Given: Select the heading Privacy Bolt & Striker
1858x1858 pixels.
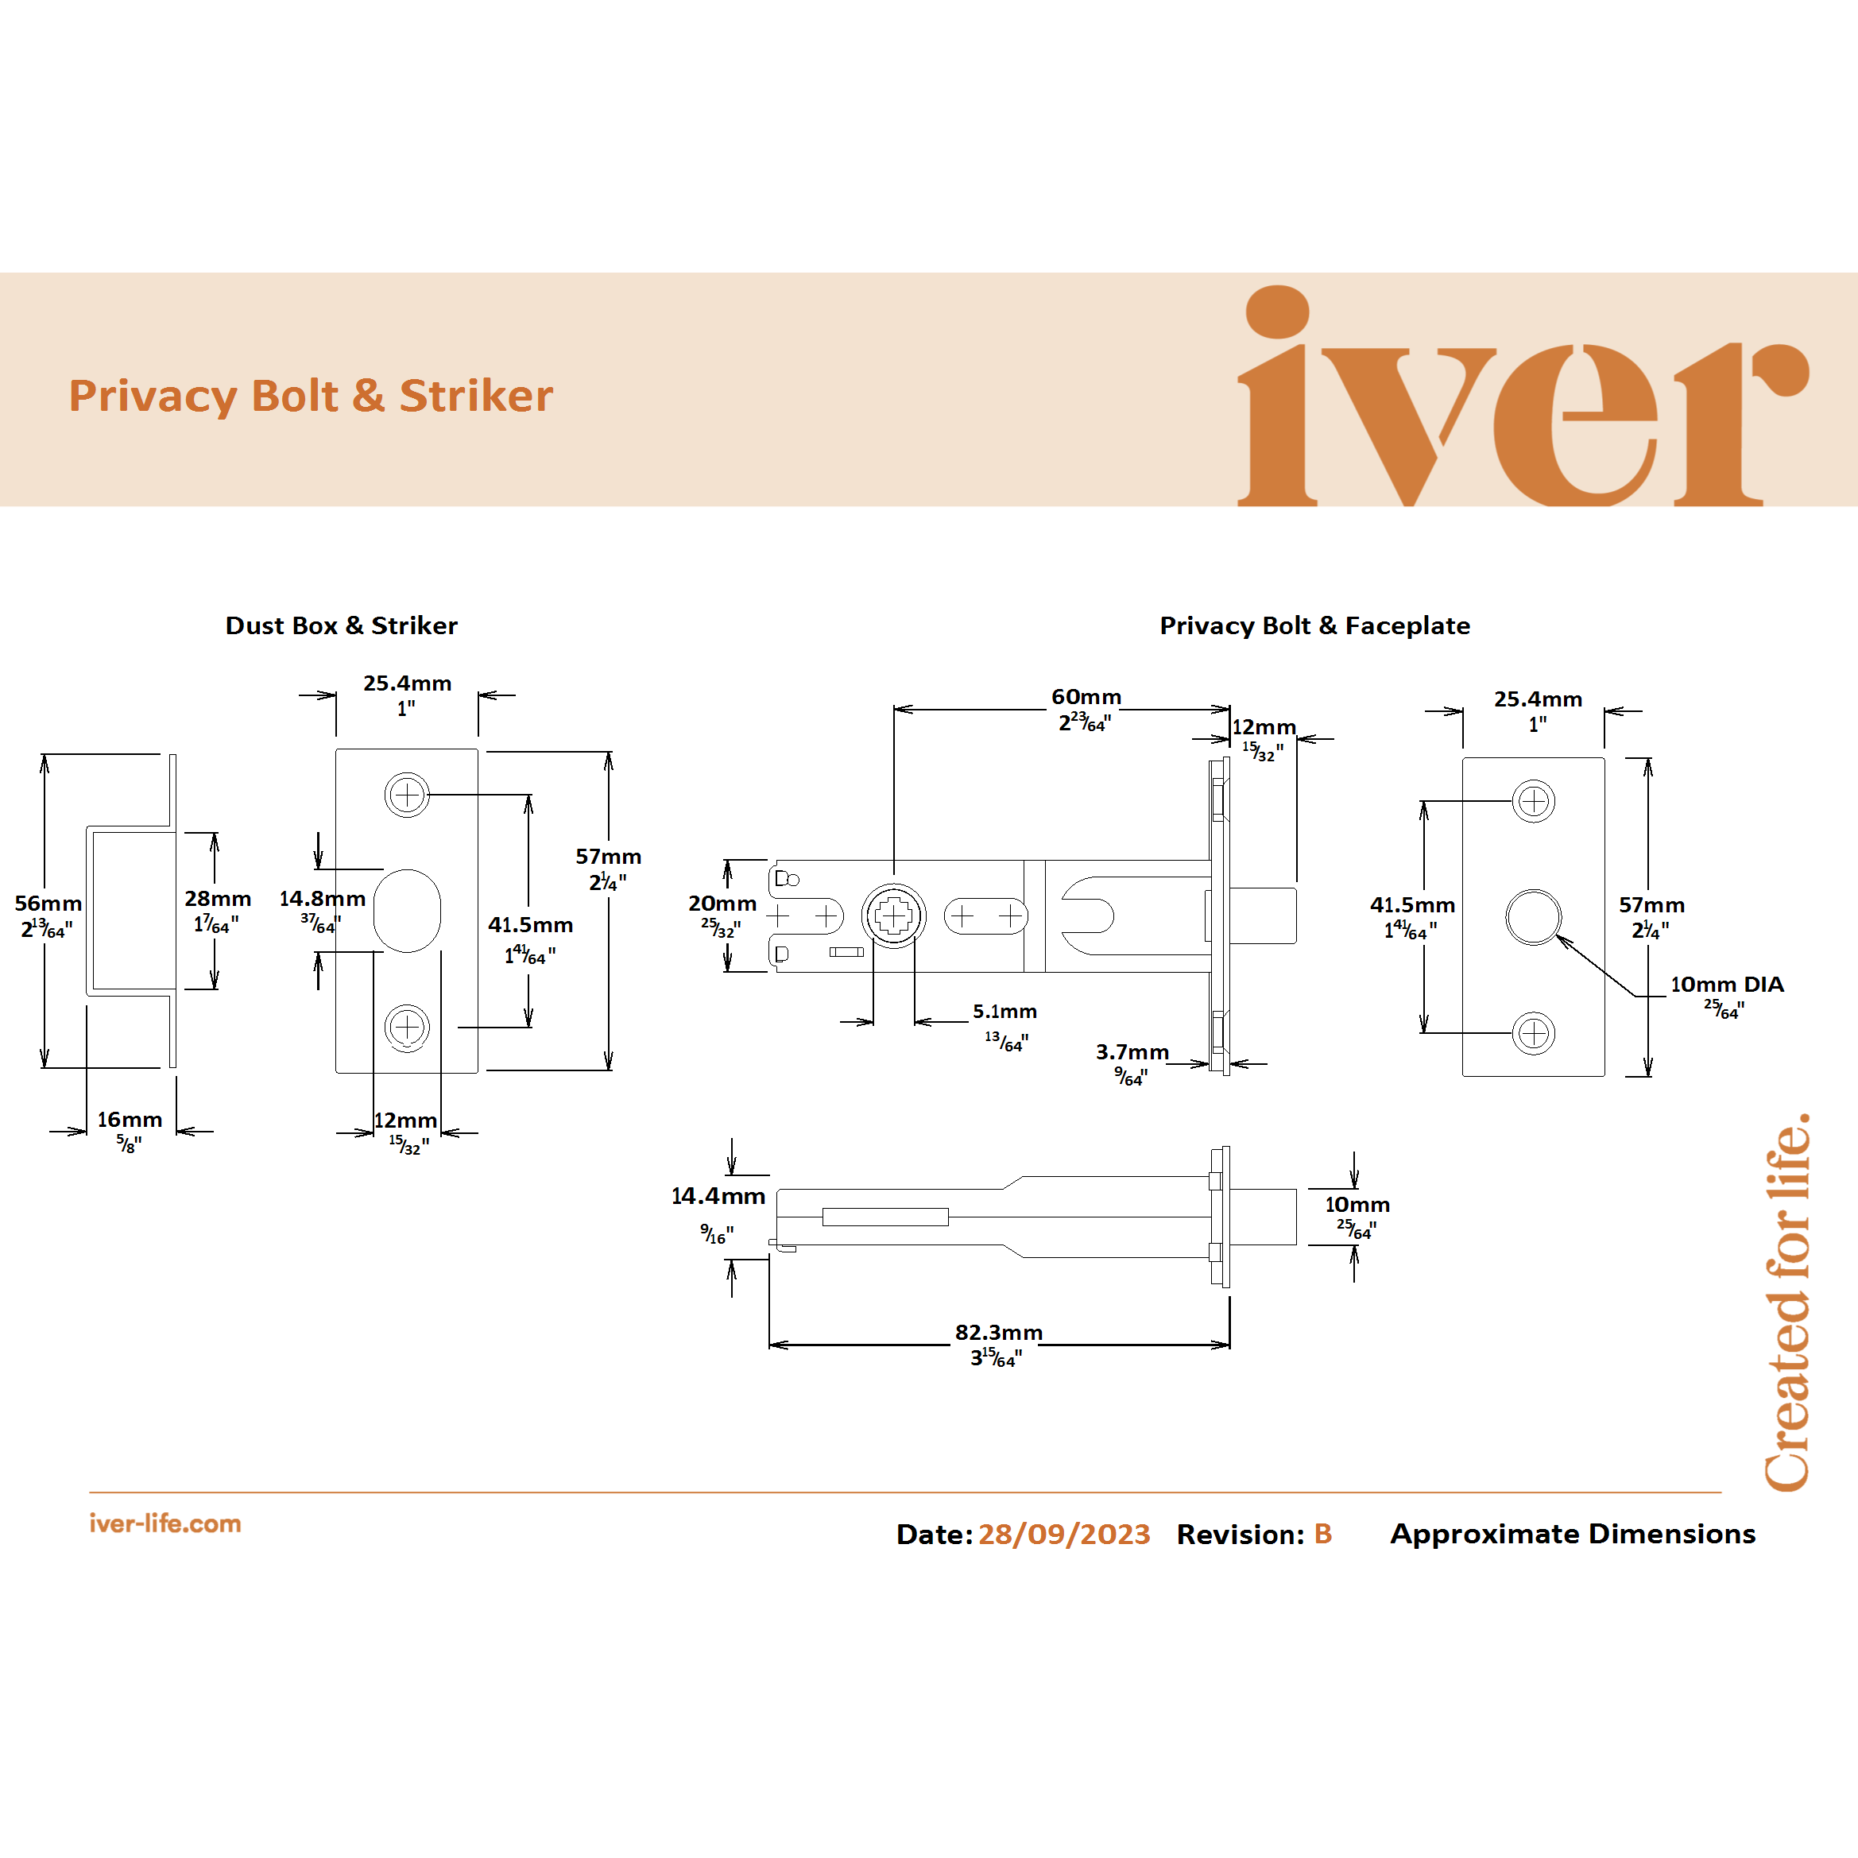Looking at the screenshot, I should click(x=311, y=397).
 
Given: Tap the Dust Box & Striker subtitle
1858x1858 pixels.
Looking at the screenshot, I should click(x=342, y=626).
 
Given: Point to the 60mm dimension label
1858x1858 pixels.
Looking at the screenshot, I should click(x=1086, y=697).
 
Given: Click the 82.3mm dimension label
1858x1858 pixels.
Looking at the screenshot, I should click(x=998, y=1333).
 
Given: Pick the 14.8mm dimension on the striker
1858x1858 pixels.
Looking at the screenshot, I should click(x=322, y=899).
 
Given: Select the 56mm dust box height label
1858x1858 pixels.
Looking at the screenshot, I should click(x=48, y=904).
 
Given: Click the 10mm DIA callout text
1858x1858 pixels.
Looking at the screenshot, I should click(x=1726, y=985).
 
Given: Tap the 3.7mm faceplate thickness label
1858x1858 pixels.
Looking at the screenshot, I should click(x=1132, y=1052).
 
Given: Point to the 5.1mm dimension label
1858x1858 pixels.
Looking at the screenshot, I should click(x=1004, y=1012).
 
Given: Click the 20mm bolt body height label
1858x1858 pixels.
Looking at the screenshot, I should click(x=722, y=904).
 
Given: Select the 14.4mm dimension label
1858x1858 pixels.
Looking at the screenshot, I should click(x=718, y=1196).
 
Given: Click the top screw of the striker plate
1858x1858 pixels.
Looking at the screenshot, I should click(x=407, y=795).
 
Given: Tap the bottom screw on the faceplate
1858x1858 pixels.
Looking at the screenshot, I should click(x=1533, y=1034).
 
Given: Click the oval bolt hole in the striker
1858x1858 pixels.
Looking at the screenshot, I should click(x=407, y=911).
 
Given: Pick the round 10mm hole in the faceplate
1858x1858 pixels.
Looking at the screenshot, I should click(x=1533, y=917).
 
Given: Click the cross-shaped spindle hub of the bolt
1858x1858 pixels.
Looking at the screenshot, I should click(x=893, y=916).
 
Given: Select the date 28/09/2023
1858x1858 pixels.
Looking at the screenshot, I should click(x=1063, y=1534).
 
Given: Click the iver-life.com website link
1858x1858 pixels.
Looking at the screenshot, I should click(x=165, y=1523).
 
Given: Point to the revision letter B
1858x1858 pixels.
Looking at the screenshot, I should click(x=1322, y=1534).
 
